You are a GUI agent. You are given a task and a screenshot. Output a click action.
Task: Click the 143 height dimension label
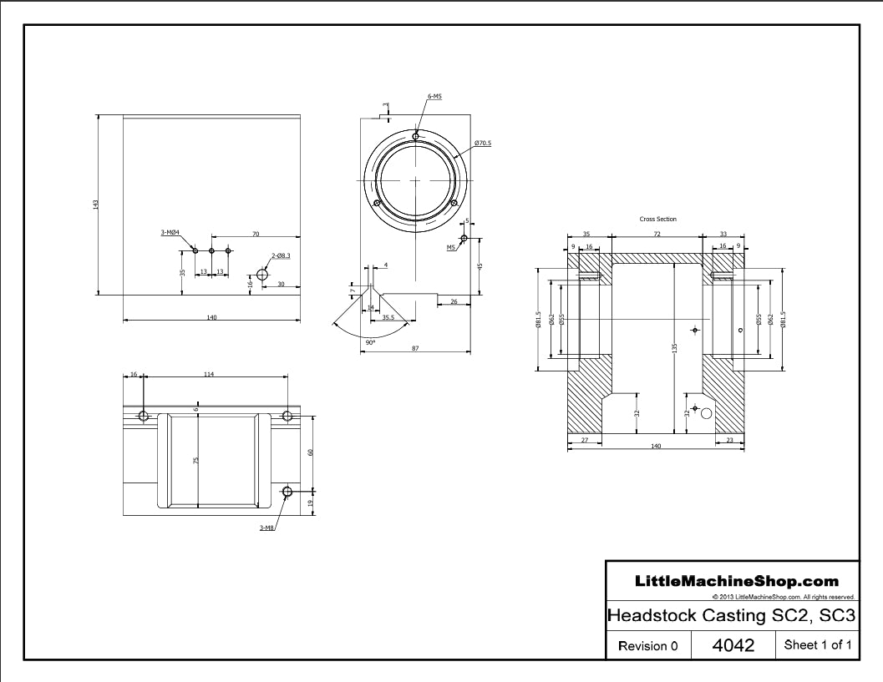[x=96, y=205]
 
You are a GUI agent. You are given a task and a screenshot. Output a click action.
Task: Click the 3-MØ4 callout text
[x=170, y=232]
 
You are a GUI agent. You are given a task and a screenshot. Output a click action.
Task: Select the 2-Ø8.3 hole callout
[x=281, y=256]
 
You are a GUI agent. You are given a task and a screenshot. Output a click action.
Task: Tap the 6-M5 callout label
[x=434, y=96]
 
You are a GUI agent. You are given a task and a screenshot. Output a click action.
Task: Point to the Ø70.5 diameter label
[x=483, y=143]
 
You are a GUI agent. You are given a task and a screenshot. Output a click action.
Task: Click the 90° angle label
[x=370, y=341]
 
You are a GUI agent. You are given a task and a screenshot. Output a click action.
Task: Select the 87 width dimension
[x=415, y=348]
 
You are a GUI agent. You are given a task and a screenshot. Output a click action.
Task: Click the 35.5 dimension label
[x=388, y=317]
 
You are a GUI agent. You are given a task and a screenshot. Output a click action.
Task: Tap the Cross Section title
[x=657, y=219]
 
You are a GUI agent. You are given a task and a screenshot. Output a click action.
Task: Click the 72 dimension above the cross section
[x=657, y=234]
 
